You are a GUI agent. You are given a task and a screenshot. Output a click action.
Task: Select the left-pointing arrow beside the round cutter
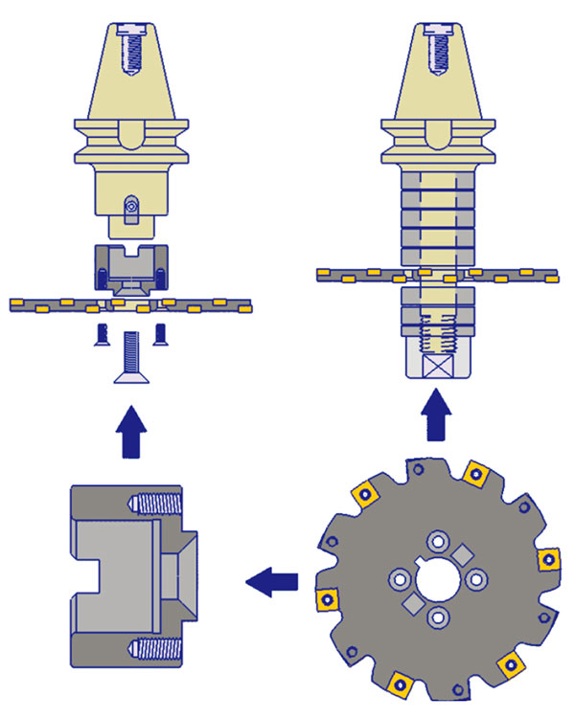tap(271, 579)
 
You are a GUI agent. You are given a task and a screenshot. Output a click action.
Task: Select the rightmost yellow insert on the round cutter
tap(549, 558)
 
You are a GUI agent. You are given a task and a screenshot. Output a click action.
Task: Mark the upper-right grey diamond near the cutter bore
tap(462, 552)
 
